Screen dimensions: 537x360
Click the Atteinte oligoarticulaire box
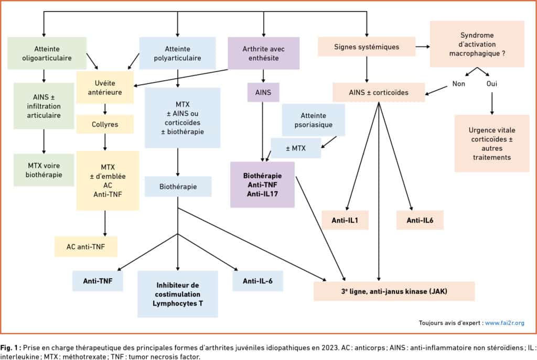(x=47, y=53)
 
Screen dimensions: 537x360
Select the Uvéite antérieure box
(x=105, y=88)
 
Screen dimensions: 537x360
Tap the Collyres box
(x=105, y=124)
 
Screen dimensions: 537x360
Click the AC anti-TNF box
(x=85, y=246)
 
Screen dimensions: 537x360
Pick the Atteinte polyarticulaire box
(x=177, y=53)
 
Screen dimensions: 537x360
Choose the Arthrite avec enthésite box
(x=263, y=53)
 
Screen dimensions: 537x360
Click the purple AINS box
(x=263, y=92)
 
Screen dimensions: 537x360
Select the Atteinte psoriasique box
(x=314, y=120)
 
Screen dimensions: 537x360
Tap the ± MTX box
(x=296, y=148)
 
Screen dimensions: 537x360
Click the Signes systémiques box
(x=367, y=47)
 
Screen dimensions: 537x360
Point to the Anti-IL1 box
(x=345, y=220)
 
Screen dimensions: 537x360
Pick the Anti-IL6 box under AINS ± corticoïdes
(x=420, y=220)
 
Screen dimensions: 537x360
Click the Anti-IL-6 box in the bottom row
(x=257, y=281)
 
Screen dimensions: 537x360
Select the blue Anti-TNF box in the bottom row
(x=98, y=281)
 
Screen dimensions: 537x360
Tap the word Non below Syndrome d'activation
(x=458, y=84)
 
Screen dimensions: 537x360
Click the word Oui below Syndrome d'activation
(x=492, y=84)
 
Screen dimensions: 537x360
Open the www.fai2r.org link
(x=504, y=323)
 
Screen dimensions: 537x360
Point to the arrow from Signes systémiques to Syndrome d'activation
(x=423, y=47)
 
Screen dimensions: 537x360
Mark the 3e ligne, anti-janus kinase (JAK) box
(x=394, y=291)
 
